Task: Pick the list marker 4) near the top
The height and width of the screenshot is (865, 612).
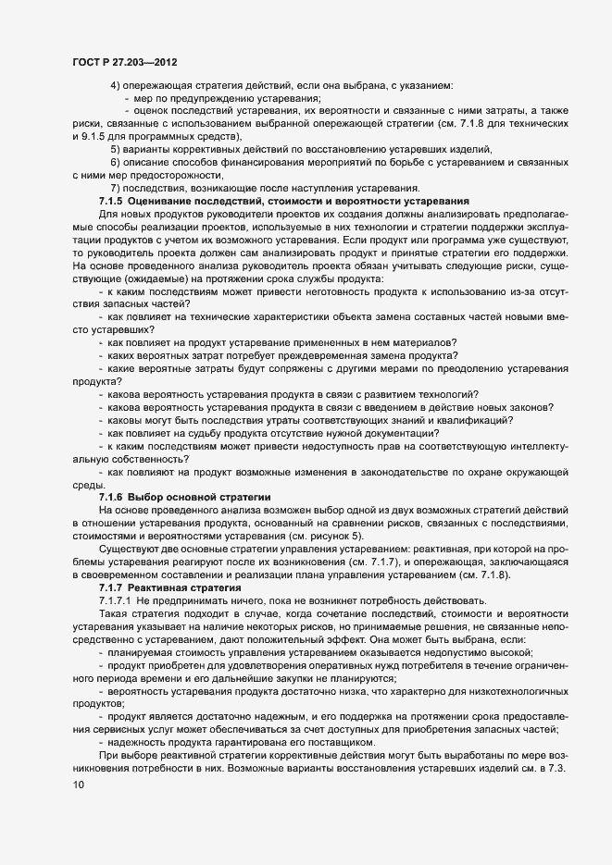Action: (116, 85)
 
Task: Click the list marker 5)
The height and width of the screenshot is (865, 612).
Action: (116, 149)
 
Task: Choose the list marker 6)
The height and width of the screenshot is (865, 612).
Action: (116, 162)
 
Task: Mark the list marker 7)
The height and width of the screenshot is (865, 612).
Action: (116, 188)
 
